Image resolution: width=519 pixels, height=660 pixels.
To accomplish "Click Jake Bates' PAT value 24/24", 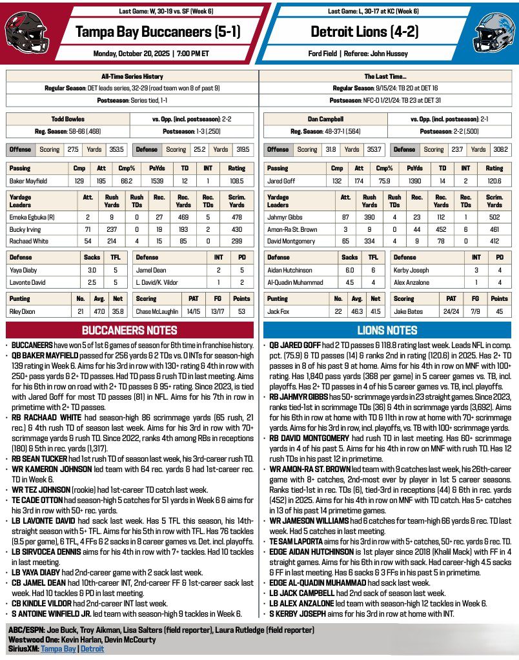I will coord(451,311).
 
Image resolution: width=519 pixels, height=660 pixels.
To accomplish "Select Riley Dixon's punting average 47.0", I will coord(100,311).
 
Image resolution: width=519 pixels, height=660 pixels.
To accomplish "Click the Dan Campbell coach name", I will coord(326,119).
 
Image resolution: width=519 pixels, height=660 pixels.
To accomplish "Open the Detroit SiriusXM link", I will coord(92,648).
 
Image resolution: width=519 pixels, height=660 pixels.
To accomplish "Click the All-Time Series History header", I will coord(132,76).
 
